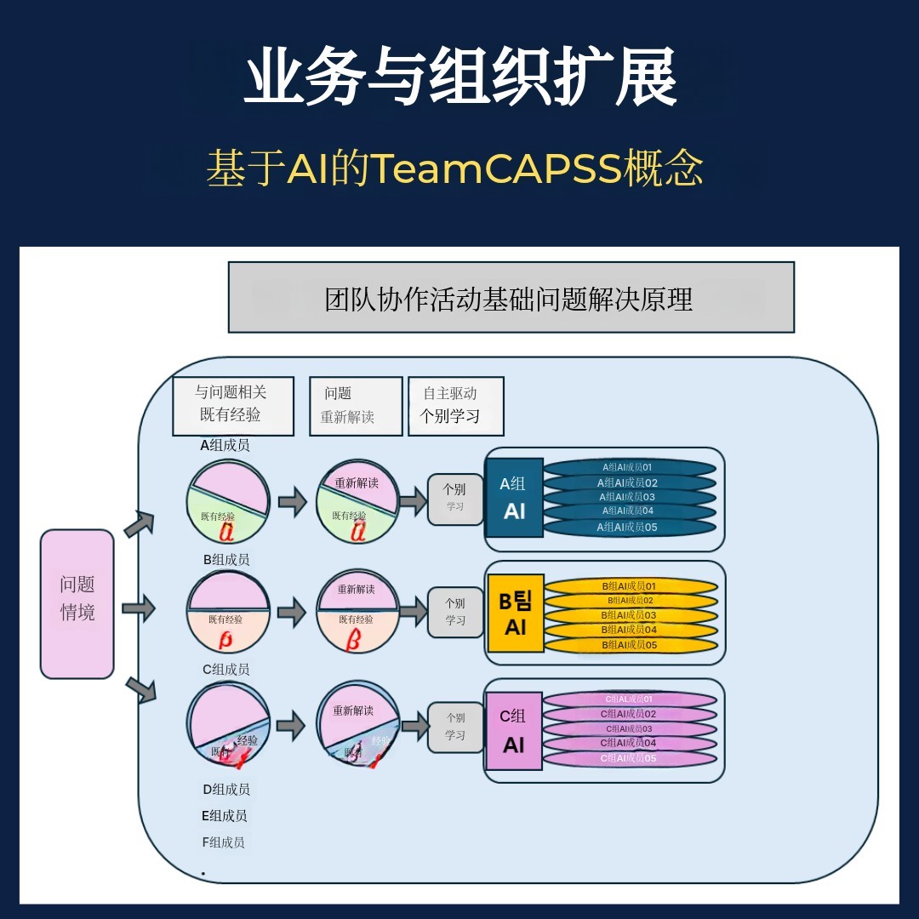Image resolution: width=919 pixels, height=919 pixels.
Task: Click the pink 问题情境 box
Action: click(77, 603)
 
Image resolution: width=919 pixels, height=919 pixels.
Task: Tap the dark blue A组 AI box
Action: click(513, 497)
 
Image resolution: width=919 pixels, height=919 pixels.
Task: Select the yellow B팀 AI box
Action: click(515, 613)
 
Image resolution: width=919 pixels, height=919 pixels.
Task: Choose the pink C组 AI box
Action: click(513, 731)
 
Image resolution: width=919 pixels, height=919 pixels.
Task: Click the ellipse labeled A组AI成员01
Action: click(629, 467)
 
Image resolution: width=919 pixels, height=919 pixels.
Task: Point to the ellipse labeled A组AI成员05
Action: click(629, 528)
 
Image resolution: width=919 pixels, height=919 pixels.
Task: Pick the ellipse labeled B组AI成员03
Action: click(629, 614)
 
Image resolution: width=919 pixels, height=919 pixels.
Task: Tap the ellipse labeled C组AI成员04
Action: click(629, 743)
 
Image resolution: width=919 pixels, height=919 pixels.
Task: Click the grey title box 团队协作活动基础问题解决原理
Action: click(511, 297)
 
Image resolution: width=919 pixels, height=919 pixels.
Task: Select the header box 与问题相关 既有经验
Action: click(232, 406)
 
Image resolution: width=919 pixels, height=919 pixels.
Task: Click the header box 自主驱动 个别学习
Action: click(455, 406)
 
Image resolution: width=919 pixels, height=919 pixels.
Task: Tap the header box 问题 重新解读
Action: click(355, 406)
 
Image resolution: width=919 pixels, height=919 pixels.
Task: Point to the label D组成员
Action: click(226, 789)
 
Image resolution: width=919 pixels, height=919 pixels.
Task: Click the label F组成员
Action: click(224, 842)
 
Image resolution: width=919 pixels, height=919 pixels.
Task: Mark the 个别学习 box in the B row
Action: click(455, 612)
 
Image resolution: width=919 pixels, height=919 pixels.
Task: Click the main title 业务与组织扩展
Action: click(459, 78)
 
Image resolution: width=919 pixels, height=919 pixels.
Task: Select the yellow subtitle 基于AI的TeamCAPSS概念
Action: click(454, 168)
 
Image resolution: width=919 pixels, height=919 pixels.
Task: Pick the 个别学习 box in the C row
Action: click(455, 727)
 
